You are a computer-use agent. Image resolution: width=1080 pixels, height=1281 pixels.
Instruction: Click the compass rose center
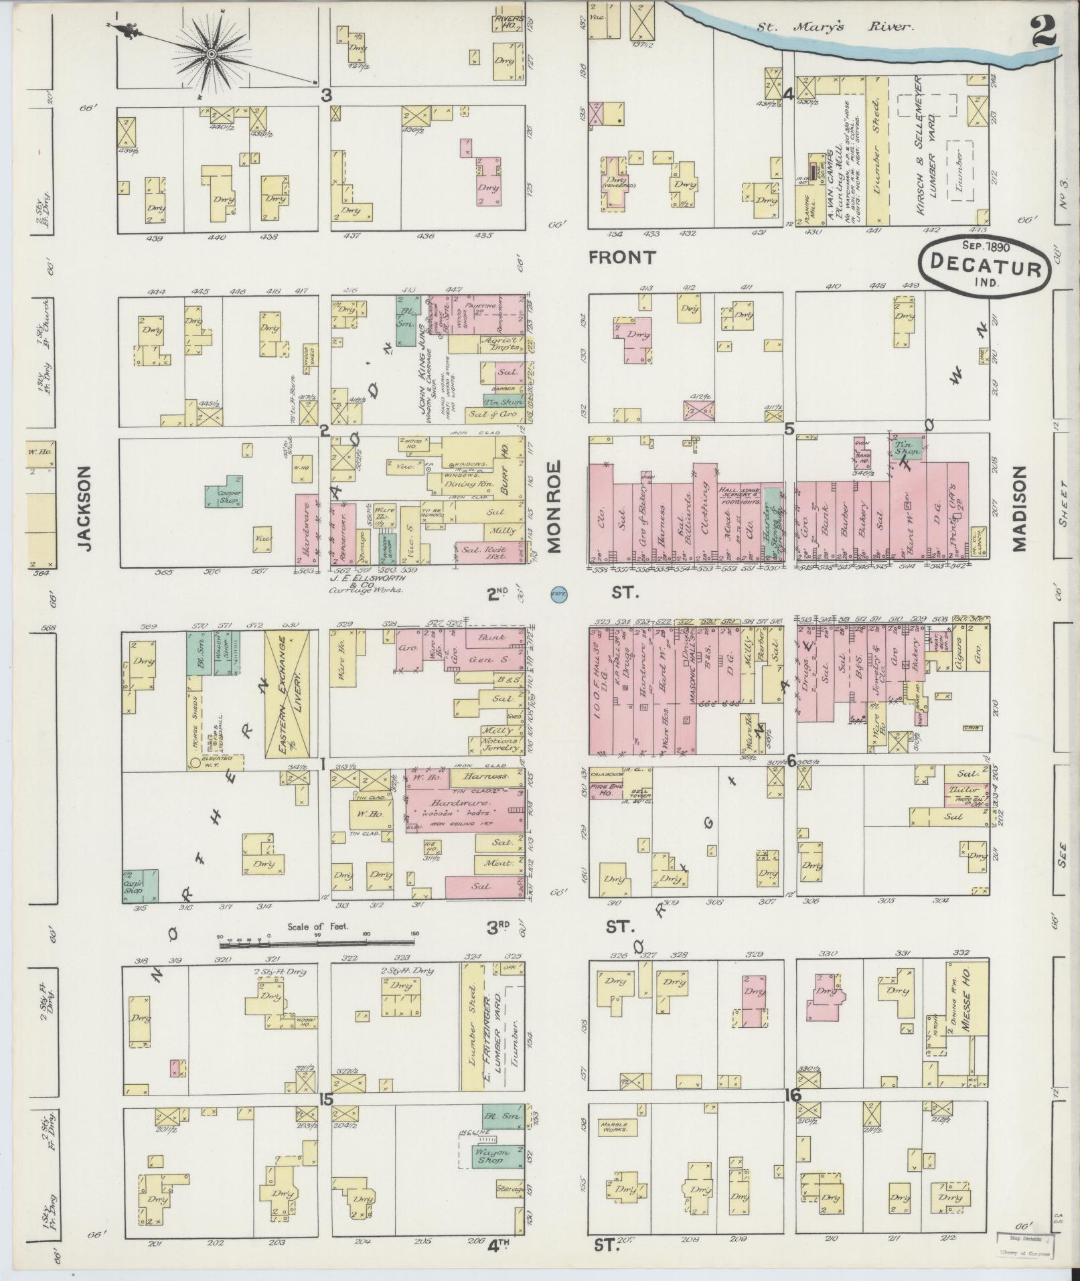[212, 54]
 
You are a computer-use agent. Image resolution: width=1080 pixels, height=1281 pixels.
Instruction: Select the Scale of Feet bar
[318, 944]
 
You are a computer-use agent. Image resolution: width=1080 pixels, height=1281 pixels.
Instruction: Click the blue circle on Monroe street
[557, 593]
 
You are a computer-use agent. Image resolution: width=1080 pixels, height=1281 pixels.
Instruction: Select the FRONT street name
[623, 257]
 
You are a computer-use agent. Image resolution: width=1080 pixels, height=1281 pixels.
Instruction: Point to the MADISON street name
[1019, 508]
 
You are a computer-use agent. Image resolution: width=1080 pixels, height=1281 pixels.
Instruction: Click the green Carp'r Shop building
[141, 885]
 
